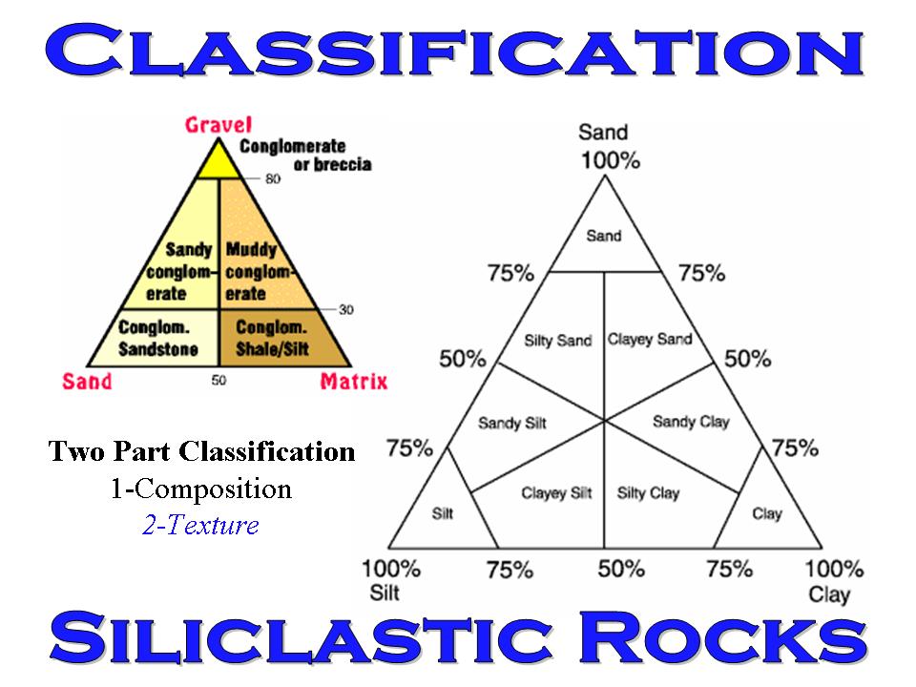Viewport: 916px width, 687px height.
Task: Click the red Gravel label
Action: coord(218,124)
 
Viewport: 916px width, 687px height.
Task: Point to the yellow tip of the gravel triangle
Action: coord(219,163)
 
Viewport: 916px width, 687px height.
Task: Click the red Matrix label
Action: coord(353,382)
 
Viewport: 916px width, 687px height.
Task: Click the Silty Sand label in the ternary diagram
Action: coord(558,341)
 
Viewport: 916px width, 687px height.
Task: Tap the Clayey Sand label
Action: coord(650,340)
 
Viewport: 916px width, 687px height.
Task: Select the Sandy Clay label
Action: coord(690,422)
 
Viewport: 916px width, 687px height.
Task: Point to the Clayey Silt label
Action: coord(556,493)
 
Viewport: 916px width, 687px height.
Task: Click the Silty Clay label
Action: coord(648,493)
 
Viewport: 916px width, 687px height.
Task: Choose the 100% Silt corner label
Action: coord(390,579)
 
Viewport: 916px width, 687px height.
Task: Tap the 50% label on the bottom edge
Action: coord(621,570)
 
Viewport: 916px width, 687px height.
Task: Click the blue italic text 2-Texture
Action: coord(199,526)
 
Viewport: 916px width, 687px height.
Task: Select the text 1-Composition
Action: coord(200,489)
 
